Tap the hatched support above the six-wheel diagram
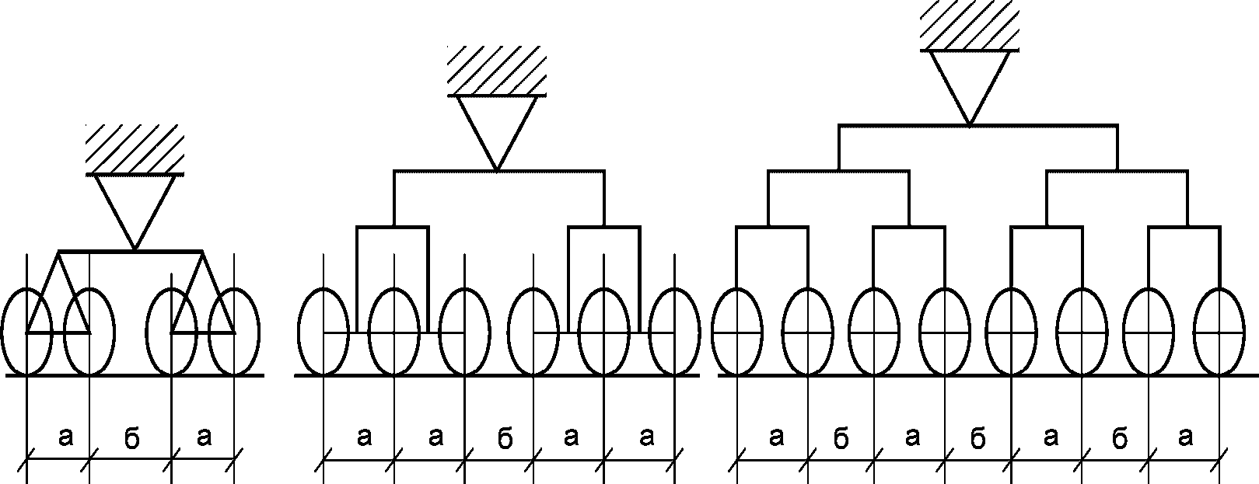click(x=497, y=71)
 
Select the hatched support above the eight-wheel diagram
click(x=969, y=26)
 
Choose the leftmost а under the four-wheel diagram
click(x=65, y=438)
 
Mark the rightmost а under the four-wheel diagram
click(x=204, y=438)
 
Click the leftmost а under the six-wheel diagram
click(x=364, y=438)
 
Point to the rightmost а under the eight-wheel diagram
click(x=1185, y=438)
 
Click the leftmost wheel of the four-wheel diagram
click(x=27, y=332)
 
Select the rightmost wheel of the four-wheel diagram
click(x=234, y=332)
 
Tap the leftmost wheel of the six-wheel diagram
click(x=323, y=332)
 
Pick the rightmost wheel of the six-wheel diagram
click(x=674, y=332)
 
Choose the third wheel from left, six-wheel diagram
click(x=464, y=332)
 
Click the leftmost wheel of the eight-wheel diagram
click(x=736, y=332)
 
